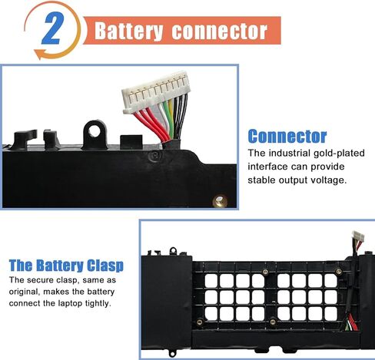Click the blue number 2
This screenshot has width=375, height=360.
(x=52, y=28)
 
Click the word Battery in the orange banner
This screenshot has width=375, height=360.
(x=128, y=31)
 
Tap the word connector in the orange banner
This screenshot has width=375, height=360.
(x=220, y=31)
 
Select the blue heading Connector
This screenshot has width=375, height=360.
(x=287, y=136)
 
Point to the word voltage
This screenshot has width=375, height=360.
(x=329, y=180)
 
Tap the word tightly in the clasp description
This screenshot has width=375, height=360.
(x=98, y=304)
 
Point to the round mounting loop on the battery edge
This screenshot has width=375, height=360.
(x=95, y=134)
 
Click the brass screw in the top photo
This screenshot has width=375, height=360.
(x=220, y=200)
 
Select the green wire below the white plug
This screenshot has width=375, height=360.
(x=171, y=121)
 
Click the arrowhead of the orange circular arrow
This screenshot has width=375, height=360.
(x=39, y=54)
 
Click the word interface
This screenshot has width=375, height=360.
(x=267, y=167)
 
